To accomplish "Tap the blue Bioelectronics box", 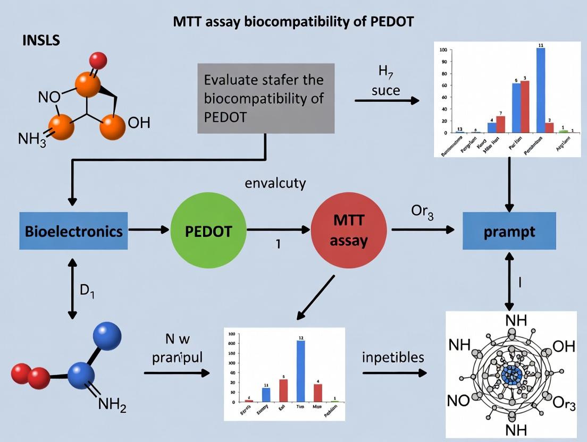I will (x=73, y=231).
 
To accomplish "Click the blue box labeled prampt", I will (x=509, y=231).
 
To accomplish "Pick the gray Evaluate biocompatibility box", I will (x=265, y=98).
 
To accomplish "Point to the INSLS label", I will (x=41, y=40).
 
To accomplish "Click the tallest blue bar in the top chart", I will (x=540, y=90).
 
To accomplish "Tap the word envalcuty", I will (x=275, y=184).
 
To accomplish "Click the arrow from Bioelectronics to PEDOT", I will (x=149, y=231).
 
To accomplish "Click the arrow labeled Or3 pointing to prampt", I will (x=423, y=230).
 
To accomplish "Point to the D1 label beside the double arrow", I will (x=88, y=291).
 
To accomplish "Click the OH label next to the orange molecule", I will (x=139, y=123).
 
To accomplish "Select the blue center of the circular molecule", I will (x=509, y=375).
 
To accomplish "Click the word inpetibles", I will (x=393, y=357).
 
